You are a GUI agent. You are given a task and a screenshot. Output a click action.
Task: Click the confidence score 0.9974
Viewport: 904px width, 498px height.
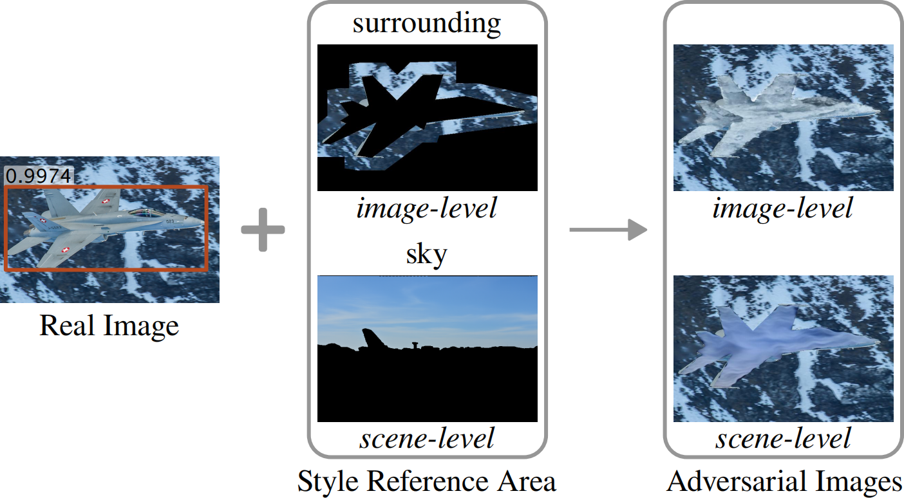(39, 176)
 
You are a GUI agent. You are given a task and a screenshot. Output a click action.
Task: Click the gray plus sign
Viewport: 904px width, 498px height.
(263, 229)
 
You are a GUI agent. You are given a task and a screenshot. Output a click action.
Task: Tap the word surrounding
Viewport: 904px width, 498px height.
(426, 23)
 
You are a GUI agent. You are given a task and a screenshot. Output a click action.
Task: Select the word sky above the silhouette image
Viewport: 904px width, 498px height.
(426, 255)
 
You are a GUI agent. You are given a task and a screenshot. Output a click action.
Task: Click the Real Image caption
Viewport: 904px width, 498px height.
(109, 325)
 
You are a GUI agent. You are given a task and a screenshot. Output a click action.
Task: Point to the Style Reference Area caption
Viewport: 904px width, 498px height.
(426, 481)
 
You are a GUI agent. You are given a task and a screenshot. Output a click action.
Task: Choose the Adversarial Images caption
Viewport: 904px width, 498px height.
(784, 481)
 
